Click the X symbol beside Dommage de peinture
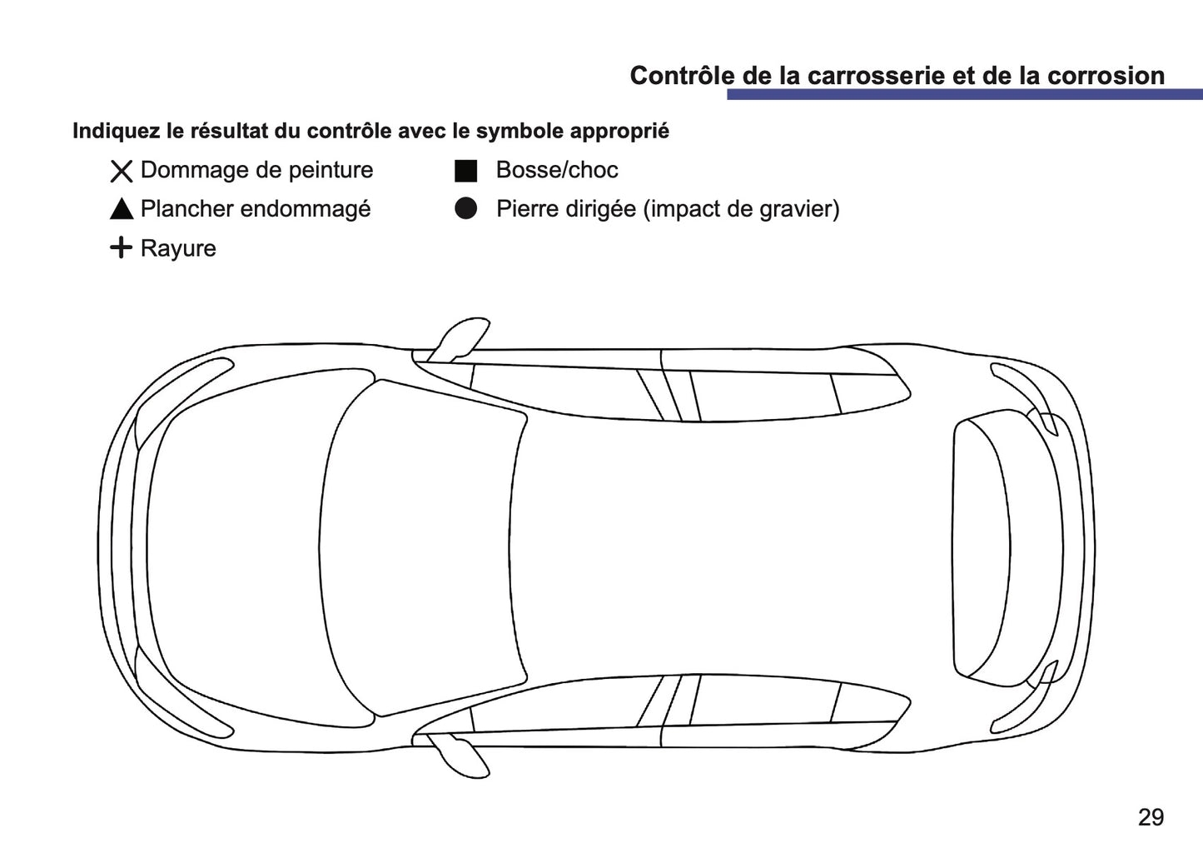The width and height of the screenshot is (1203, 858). [x=122, y=172]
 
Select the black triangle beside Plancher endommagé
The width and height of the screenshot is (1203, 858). [x=122, y=210]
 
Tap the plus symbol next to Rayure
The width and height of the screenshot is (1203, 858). [x=122, y=247]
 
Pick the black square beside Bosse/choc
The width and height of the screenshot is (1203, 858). [x=465, y=172]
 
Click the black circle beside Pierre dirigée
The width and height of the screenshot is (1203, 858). [x=465, y=209]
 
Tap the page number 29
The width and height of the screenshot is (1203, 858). [x=1150, y=817]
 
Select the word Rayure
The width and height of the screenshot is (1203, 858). [x=178, y=248]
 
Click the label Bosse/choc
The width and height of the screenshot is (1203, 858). [x=557, y=170]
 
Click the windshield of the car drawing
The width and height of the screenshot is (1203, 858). [x=425, y=550]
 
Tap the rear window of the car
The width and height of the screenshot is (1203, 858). [x=982, y=550]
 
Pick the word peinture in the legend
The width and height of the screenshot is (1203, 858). [x=331, y=170]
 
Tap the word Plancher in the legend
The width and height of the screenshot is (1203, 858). [x=185, y=209]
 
